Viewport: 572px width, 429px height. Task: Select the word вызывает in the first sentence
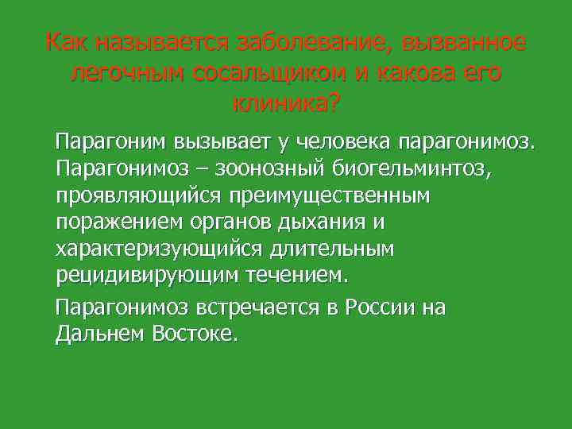point(222,143)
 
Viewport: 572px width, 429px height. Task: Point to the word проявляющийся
point(138,195)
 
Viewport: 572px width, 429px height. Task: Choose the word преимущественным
point(330,195)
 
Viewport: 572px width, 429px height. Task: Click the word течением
point(302,276)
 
